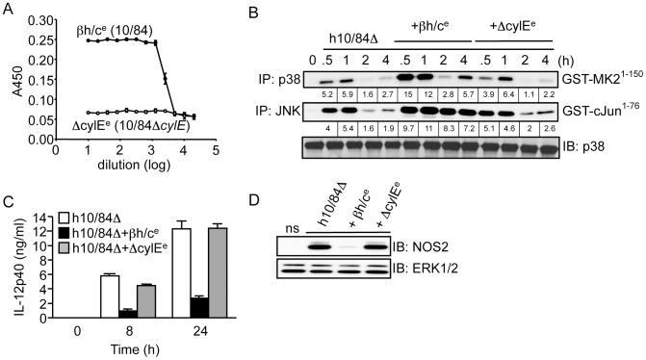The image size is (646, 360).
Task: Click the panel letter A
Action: coord(8,10)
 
